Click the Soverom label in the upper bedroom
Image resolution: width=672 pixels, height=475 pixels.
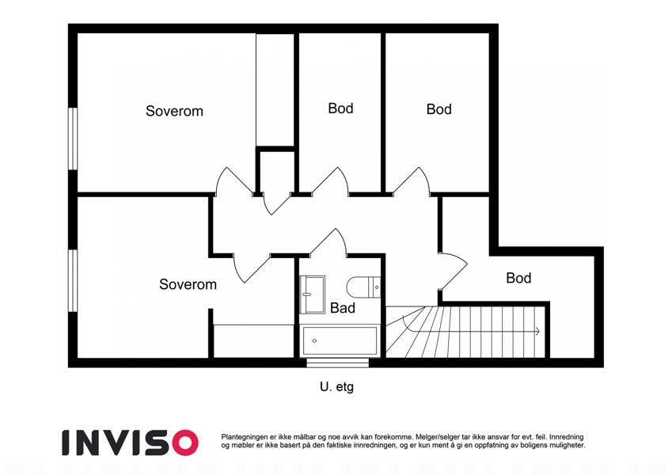(174, 111)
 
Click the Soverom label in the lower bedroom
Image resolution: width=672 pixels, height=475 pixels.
(188, 284)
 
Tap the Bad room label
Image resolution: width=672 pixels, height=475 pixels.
(343, 308)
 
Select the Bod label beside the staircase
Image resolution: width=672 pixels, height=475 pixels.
(518, 278)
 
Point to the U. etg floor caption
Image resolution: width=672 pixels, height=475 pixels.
(337, 386)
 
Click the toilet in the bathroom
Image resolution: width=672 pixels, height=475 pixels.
(363, 287)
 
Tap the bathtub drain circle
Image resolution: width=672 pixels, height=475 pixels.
(314, 341)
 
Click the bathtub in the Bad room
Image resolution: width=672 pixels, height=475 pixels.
(340, 341)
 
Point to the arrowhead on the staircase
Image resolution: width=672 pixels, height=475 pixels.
(537, 331)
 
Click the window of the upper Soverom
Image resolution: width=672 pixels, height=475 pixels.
(73, 139)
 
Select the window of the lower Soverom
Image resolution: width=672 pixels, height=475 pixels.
(73, 280)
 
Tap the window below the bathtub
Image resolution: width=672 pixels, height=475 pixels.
(338, 363)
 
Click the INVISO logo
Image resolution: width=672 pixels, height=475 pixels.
(131, 443)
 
